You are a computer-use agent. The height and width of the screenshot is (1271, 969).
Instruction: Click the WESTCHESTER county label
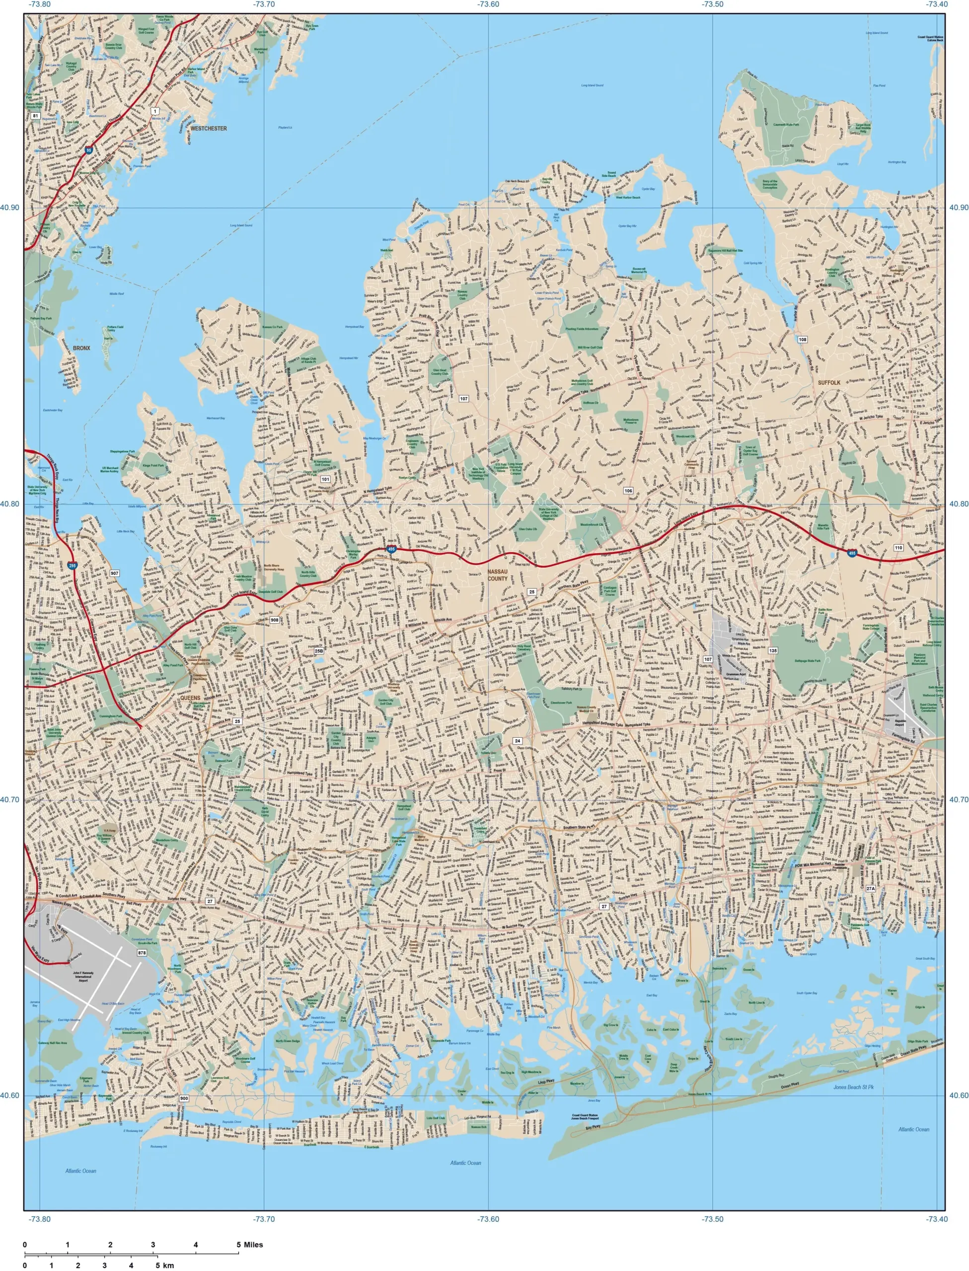[x=208, y=129]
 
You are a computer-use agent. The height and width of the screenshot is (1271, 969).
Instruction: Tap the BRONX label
[x=81, y=348]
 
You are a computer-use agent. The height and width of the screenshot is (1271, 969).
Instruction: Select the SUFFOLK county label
[x=829, y=383]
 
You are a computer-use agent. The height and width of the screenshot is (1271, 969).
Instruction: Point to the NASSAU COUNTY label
[x=497, y=575]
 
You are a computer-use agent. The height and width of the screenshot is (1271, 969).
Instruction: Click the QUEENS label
[x=190, y=698]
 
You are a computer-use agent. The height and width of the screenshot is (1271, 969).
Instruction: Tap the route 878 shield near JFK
[x=142, y=953]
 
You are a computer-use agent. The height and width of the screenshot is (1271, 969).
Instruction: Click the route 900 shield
[x=184, y=1098]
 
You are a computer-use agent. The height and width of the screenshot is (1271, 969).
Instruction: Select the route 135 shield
[x=772, y=650]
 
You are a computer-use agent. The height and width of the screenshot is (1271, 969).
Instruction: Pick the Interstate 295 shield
[x=72, y=566]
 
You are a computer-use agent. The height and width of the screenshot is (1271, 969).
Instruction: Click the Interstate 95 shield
[x=89, y=150]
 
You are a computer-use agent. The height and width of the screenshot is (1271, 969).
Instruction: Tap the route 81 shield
[x=35, y=116]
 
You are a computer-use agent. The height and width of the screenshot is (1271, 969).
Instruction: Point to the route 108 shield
[x=802, y=340]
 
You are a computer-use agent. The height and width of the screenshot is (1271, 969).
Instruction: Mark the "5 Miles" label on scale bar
[x=249, y=1245]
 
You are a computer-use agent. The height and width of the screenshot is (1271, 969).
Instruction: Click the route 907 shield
[x=115, y=573]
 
